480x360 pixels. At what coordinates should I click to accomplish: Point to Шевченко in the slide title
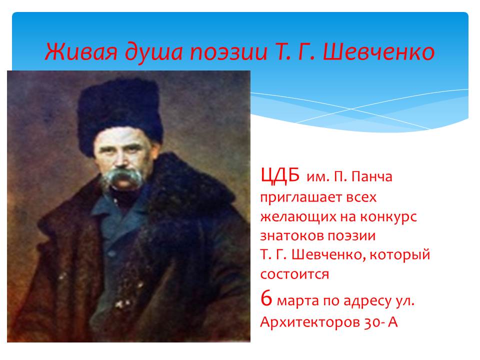[x=378, y=51]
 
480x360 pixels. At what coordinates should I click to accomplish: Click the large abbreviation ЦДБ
[x=280, y=175]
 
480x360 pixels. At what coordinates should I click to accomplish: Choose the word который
[x=400, y=255]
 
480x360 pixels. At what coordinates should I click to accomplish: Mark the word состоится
[x=294, y=274]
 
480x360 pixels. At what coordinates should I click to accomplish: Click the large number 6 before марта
[x=266, y=298]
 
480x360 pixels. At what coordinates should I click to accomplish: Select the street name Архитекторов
[x=309, y=322]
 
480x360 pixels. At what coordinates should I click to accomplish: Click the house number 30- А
[x=381, y=322]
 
